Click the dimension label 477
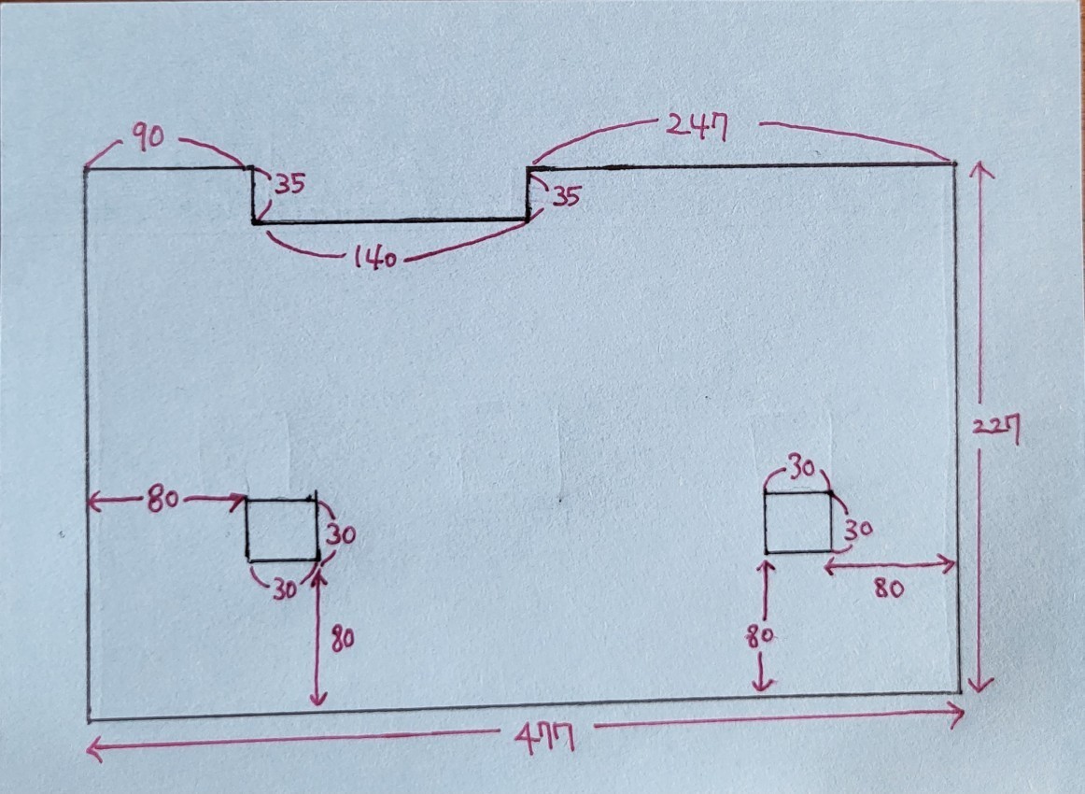point(545,738)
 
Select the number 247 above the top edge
point(697,127)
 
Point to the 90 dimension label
point(148,136)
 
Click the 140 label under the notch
point(375,258)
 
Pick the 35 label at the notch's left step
point(290,184)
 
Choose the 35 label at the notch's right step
point(565,196)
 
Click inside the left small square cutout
point(282,530)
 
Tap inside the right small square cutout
point(797,523)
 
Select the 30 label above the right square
point(802,469)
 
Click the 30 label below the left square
point(284,589)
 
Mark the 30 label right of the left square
point(341,534)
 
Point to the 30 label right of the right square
point(858,530)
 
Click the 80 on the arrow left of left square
point(162,499)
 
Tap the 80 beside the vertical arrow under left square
point(343,638)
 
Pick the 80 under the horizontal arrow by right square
point(889,588)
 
